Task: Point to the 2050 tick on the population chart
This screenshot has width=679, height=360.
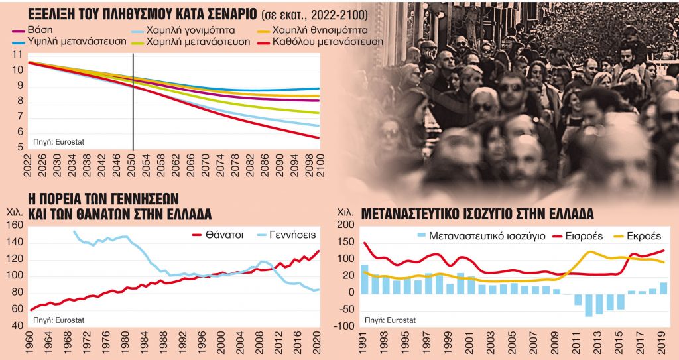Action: click(x=134, y=164)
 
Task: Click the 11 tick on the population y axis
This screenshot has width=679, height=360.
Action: click(x=17, y=54)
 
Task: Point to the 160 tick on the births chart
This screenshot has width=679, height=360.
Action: click(x=14, y=225)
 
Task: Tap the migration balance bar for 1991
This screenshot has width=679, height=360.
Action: click(x=365, y=279)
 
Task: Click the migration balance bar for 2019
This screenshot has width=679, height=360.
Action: click(x=663, y=288)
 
